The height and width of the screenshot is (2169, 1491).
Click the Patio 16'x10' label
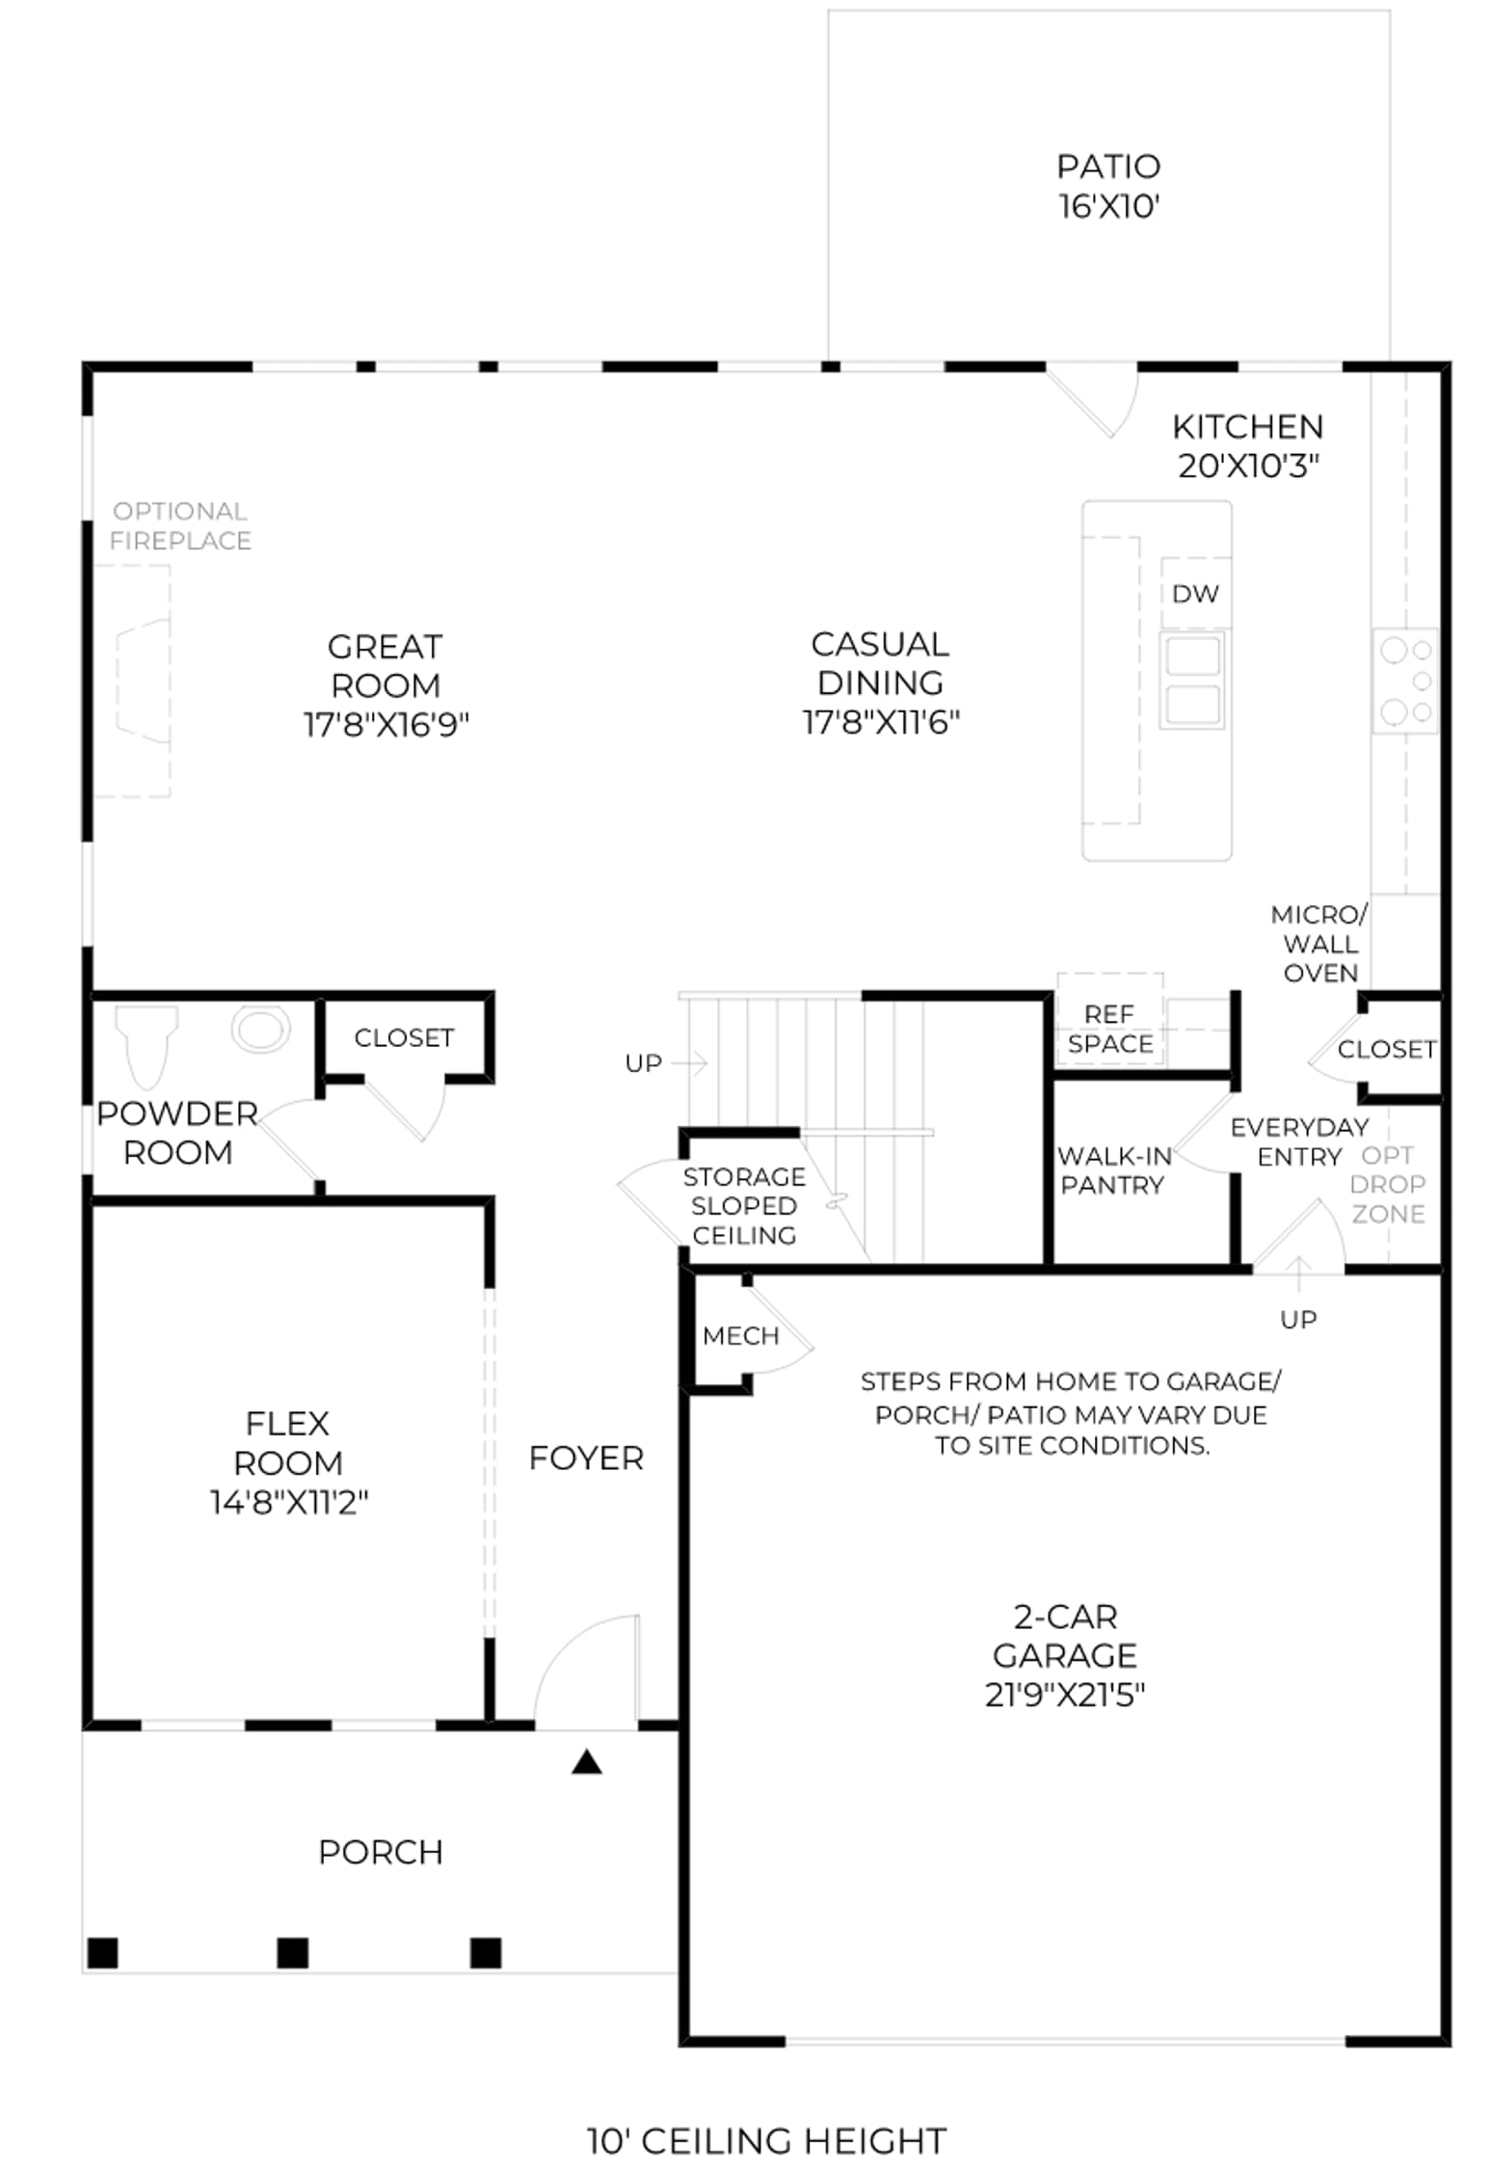[x=1108, y=186]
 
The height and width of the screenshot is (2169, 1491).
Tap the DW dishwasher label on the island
[x=1195, y=594]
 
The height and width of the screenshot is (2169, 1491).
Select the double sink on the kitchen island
[x=1193, y=680]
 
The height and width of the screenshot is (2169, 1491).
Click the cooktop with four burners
[x=1405, y=682]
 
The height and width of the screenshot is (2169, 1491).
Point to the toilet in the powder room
[x=146, y=1045]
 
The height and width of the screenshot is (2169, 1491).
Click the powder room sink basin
[x=260, y=1029]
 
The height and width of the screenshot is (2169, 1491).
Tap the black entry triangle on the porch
[x=587, y=1762]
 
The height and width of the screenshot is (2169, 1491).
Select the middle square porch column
[x=293, y=1953]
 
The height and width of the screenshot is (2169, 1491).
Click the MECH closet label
[x=740, y=1336]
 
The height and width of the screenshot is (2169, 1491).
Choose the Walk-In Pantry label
[x=1114, y=1170]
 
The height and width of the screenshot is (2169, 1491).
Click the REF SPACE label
[x=1109, y=1029]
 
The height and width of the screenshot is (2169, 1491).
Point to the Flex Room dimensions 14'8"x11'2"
[x=289, y=1502]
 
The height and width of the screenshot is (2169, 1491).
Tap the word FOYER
[x=586, y=1459]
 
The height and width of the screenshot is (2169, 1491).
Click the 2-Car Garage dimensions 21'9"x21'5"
[x=1065, y=1694]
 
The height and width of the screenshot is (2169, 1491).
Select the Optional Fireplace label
[x=180, y=525]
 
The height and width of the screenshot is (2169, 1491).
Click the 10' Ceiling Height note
[x=767, y=2141]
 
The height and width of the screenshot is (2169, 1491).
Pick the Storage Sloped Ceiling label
[x=744, y=1206]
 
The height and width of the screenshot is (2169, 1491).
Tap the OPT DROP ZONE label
[x=1388, y=1184]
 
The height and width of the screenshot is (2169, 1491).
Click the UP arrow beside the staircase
[x=690, y=1063]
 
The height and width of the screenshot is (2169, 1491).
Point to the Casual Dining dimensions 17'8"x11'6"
[x=881, y=722]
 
